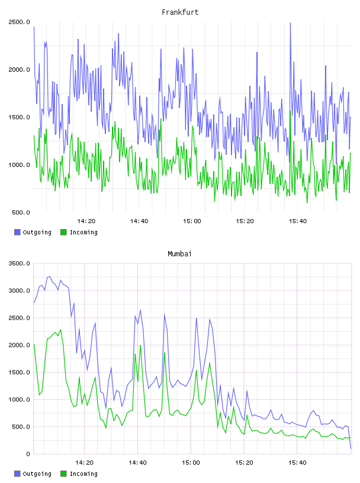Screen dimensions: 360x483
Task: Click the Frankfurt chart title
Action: point(180,12)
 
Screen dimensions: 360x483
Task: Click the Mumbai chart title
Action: point(179,254)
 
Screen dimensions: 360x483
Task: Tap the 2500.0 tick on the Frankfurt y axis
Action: point(19,22)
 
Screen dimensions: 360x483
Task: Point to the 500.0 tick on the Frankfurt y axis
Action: point(21,212)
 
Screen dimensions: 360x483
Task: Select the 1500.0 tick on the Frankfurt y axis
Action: point(19,117)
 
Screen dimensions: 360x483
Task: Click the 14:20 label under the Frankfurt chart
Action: point(86,221)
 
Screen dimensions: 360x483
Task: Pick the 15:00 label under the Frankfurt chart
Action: point(192,221)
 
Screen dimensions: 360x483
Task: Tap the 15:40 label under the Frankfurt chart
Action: point(298,221)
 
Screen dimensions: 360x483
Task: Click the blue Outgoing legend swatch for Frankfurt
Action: point(17,232)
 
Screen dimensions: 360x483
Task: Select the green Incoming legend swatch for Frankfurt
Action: point(63,232)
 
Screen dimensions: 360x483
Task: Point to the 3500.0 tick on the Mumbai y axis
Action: point(19,263)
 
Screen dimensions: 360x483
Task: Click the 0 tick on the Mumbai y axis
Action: point(28,454)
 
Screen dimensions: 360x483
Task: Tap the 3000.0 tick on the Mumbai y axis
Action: point(19,291)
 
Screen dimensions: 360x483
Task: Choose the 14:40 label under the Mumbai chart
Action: point(138,463)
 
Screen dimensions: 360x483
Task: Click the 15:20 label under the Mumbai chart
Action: point(244,463)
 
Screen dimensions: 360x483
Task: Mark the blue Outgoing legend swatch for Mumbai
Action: point(17,474)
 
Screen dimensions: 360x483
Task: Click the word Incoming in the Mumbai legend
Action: point(83,474)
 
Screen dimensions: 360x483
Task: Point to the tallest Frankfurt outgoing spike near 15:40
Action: point(290,23)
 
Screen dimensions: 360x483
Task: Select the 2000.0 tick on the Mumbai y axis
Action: point(19,345)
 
